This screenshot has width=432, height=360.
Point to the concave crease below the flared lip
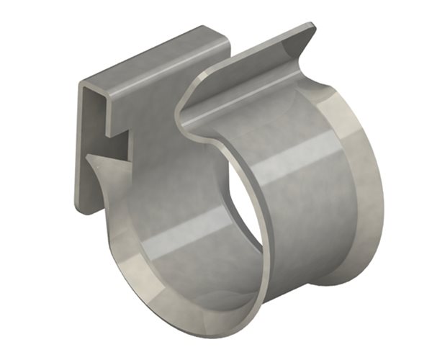pyautogui.click(x=238, y=94)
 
